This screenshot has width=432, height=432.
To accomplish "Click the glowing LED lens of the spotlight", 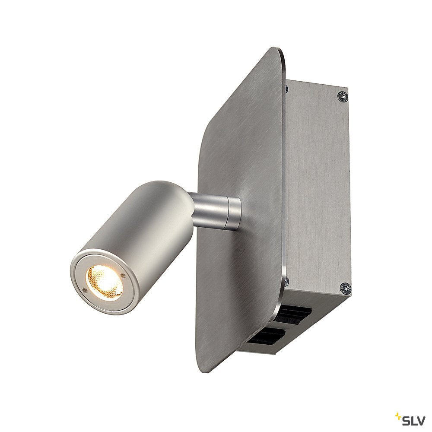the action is (x=105, y=282).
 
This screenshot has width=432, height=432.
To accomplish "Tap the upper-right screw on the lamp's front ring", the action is (x=123, y=275).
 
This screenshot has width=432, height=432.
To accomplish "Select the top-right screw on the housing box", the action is (x=343, y=96).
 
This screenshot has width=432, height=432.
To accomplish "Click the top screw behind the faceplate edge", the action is (x=287, y=89).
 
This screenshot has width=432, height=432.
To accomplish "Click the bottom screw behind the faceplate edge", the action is (x=286, y=281).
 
